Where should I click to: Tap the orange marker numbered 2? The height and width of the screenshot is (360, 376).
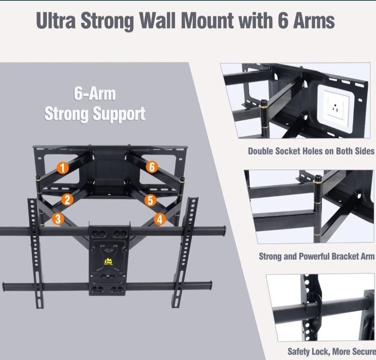click(x=67, y=200)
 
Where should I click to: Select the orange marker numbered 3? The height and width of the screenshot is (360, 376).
click(x=58, y=219)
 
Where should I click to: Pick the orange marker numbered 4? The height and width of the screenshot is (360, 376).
click(x=160, y=219)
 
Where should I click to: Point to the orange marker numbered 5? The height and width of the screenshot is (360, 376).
click(x=150, y=200)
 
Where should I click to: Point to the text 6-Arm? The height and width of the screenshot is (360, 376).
click(x=95, y=95)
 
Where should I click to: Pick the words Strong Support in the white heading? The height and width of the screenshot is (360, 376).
click(x=95, y=113)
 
